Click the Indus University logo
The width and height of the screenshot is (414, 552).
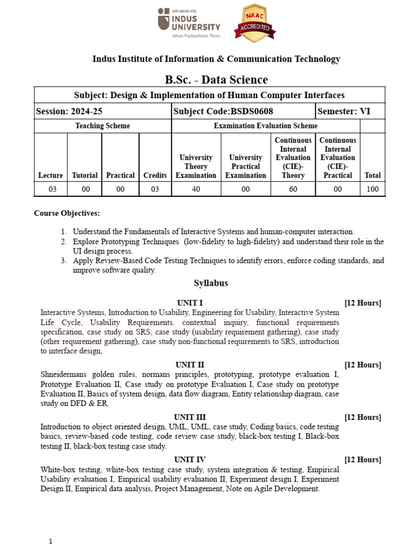click(x=189, y=23)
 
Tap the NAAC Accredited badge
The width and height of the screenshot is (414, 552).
click(x=254, y=23)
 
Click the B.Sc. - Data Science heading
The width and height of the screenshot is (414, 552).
click(x=216, y=80)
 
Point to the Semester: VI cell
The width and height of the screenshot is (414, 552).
click(x=344, y=112)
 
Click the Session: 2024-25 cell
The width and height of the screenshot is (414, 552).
click(x=69, y=112)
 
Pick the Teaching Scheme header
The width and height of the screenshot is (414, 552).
click(x=102, y=126)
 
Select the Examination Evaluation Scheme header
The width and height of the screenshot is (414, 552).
click(x=266, y=126)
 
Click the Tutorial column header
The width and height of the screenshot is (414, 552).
click(x=85, y=175)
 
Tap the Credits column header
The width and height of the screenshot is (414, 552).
click(x=155, y=175)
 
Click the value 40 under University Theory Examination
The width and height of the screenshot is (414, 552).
click(x=196, y=189)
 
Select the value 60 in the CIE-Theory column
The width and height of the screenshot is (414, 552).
click(x=293, y=189)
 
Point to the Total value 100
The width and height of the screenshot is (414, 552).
click(x=372, y=189)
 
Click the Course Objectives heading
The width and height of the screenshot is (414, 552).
click(x=67, y=213)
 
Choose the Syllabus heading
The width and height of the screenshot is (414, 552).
click(x=211, y=284)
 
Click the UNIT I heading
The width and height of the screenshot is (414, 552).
click(x=190, y=303)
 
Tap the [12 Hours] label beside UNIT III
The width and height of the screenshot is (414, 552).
click(x=362, y=417)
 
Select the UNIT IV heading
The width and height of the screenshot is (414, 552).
click(x=190, y=460)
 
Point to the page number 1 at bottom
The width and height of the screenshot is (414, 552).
click(x=50, y=541)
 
